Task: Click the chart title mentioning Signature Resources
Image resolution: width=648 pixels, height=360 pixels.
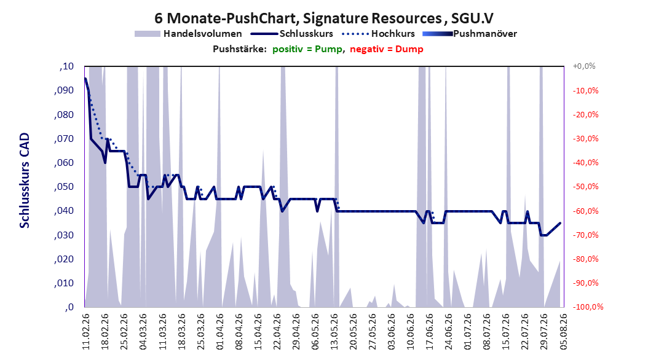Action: pyautogui.click(x=323, y=18)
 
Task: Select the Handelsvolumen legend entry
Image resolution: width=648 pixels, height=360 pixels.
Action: pyautogui.click(x=188, y=34)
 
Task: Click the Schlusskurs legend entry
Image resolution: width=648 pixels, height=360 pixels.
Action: pyautogui.click(x=292, y=34)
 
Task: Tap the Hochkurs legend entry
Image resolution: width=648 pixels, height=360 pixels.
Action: pyautogui.click(x=379, y=34)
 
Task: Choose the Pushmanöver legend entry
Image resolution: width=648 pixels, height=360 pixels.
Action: pyautogui.click(x=470, y=34)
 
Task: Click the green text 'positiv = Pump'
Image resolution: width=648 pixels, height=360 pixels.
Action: pyautogui.click(x=307, y=49)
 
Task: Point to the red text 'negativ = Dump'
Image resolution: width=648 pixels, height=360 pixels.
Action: pyautogui.click(x=387, y=49)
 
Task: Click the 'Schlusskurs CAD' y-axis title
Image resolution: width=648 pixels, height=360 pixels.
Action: pyautogui.click(x=25, y=181)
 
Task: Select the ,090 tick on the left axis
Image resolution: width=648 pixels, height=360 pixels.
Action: pyautogui.click(x=64, y=90)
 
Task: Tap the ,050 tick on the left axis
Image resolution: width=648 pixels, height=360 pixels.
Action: pyautogui.click(x=64, y=187)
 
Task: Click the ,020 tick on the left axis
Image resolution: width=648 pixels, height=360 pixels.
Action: pyautogui.click(x=64, y=259)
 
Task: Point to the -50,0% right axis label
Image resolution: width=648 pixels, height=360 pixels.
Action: pyautogui.click(x=585, y=187)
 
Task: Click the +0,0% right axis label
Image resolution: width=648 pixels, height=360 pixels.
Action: pyautogui.click(x=584, y=66)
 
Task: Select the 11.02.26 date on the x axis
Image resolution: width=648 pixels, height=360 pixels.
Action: pyautogui.click(x=86, y=332)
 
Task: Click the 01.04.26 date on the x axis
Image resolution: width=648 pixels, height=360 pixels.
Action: pyautogui.click(x=220, y=332)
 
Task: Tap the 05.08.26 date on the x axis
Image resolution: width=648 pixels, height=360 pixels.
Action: pyautogui.click(x=563, y=332)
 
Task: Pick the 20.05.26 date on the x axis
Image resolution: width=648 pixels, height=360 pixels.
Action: pyautogui.click(x=354, y=332)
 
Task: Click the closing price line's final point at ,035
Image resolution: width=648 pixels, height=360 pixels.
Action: pyautogui.click(x=560, y=223)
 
